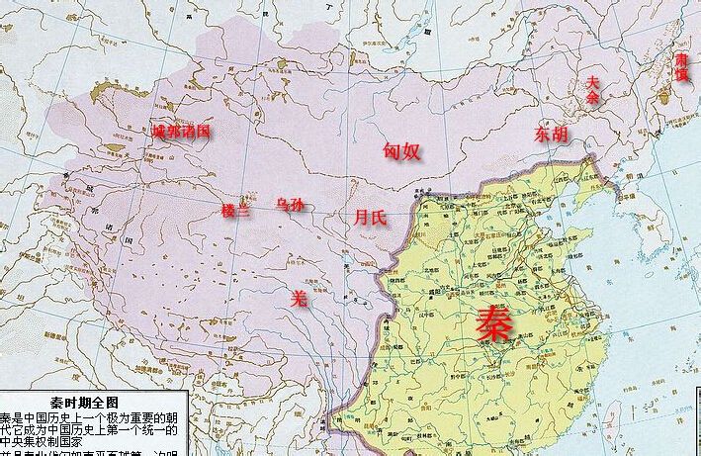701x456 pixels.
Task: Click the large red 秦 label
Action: point(494,322)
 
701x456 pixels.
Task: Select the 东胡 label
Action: point(552,134)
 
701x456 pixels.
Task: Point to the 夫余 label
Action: point(592,90)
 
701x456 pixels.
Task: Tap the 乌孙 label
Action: point(290,205)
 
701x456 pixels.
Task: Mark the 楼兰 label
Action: point(235,211)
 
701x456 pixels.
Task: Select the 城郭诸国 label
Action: point(181,131)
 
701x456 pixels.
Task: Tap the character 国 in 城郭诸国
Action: point(203,131)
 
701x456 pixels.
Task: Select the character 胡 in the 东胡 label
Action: point(561,134)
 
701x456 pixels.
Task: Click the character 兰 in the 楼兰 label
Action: point(243,211)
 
